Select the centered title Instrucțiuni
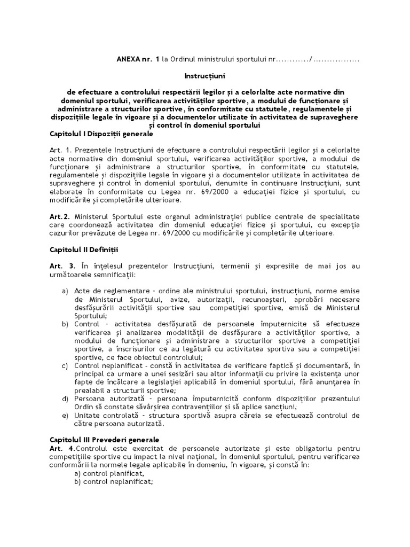pyautogui.click(x=205, y=77)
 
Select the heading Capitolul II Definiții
pyautogui.click(x=85, y=249)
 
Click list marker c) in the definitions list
pyautogui.click(x=65, y=365)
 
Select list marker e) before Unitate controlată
pyautogui.click(x=65, y=415)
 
